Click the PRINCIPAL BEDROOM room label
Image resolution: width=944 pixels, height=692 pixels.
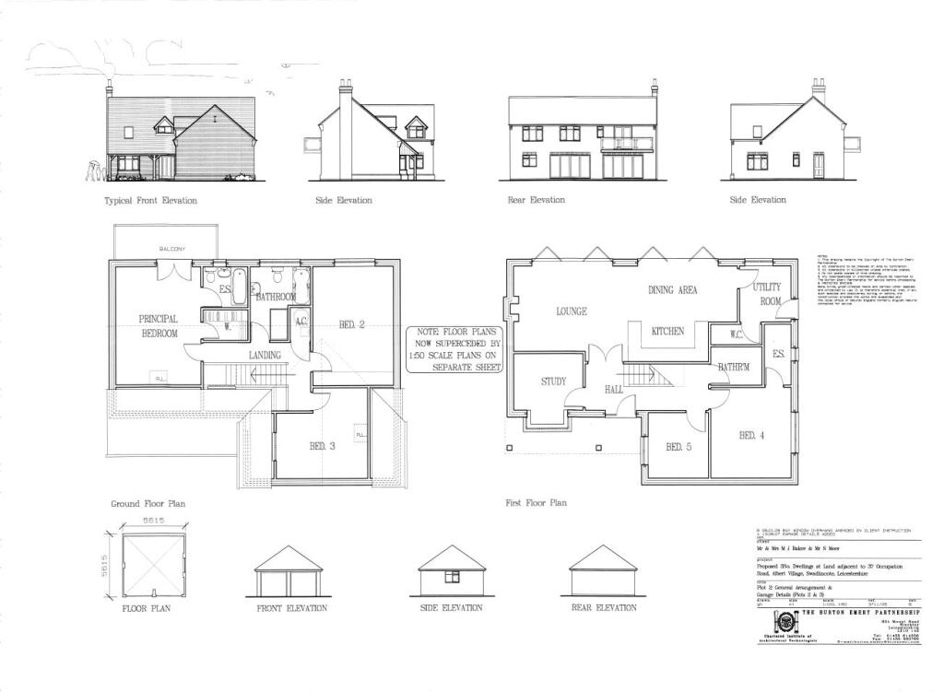tap(158, 326)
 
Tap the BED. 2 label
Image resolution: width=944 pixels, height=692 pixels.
tap(352, 325)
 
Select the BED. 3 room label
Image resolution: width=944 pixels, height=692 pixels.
tap(322, 447)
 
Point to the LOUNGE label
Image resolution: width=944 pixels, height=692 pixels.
tap(571, 311)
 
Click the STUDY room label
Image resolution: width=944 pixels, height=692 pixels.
tap(554, 381)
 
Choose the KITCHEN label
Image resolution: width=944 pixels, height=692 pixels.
tap(667, 332)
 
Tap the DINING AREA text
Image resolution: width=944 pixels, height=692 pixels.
tap(672, 290)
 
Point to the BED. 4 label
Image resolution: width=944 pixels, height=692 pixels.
tap(750, 435)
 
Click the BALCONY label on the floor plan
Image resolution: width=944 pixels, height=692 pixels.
tap(172, 249)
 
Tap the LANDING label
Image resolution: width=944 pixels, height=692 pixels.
tap(265, 356)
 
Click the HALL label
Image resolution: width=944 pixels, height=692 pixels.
tap(614, 390)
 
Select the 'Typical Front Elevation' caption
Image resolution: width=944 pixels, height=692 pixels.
tap(150, 201)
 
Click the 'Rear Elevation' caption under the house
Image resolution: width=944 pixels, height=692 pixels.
tap(537, 200)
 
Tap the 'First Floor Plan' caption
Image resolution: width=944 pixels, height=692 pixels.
tap(537, 504)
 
